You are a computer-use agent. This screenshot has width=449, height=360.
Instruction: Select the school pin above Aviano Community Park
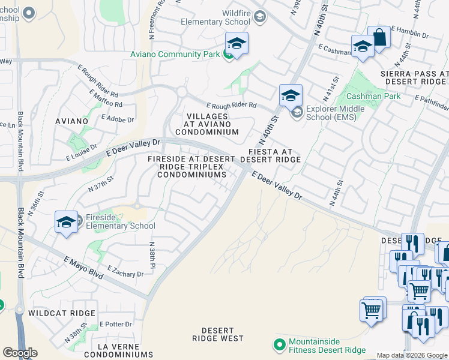click(x=237, y=44)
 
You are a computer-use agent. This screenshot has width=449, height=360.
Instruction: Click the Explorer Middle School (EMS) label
click(x=331, y=113)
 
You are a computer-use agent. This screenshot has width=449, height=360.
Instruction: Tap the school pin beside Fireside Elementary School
click(x=66, y=222)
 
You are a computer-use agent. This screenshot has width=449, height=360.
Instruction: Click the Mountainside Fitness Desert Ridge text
click(x=327, y=346)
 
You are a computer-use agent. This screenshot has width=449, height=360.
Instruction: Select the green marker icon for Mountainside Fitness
click(x=279, y=346)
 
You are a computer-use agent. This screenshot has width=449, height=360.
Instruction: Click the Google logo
click(x=20, y=353)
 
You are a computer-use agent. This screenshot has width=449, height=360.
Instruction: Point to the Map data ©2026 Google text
click(x=412, y=356)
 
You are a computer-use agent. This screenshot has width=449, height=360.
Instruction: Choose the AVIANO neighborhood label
click(x=71, y=121)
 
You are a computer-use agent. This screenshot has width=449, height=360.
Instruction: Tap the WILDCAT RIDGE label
click(x=61, y=313)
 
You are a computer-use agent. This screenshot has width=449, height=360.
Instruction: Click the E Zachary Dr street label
click(x=125, y=271)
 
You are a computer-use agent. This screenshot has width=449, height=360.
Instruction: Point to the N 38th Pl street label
click(x=152, y=255)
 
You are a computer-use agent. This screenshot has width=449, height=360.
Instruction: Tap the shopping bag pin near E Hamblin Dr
click(x=379, y=37)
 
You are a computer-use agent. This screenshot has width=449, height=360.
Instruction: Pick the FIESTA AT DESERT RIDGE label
click(x=270, y=156)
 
